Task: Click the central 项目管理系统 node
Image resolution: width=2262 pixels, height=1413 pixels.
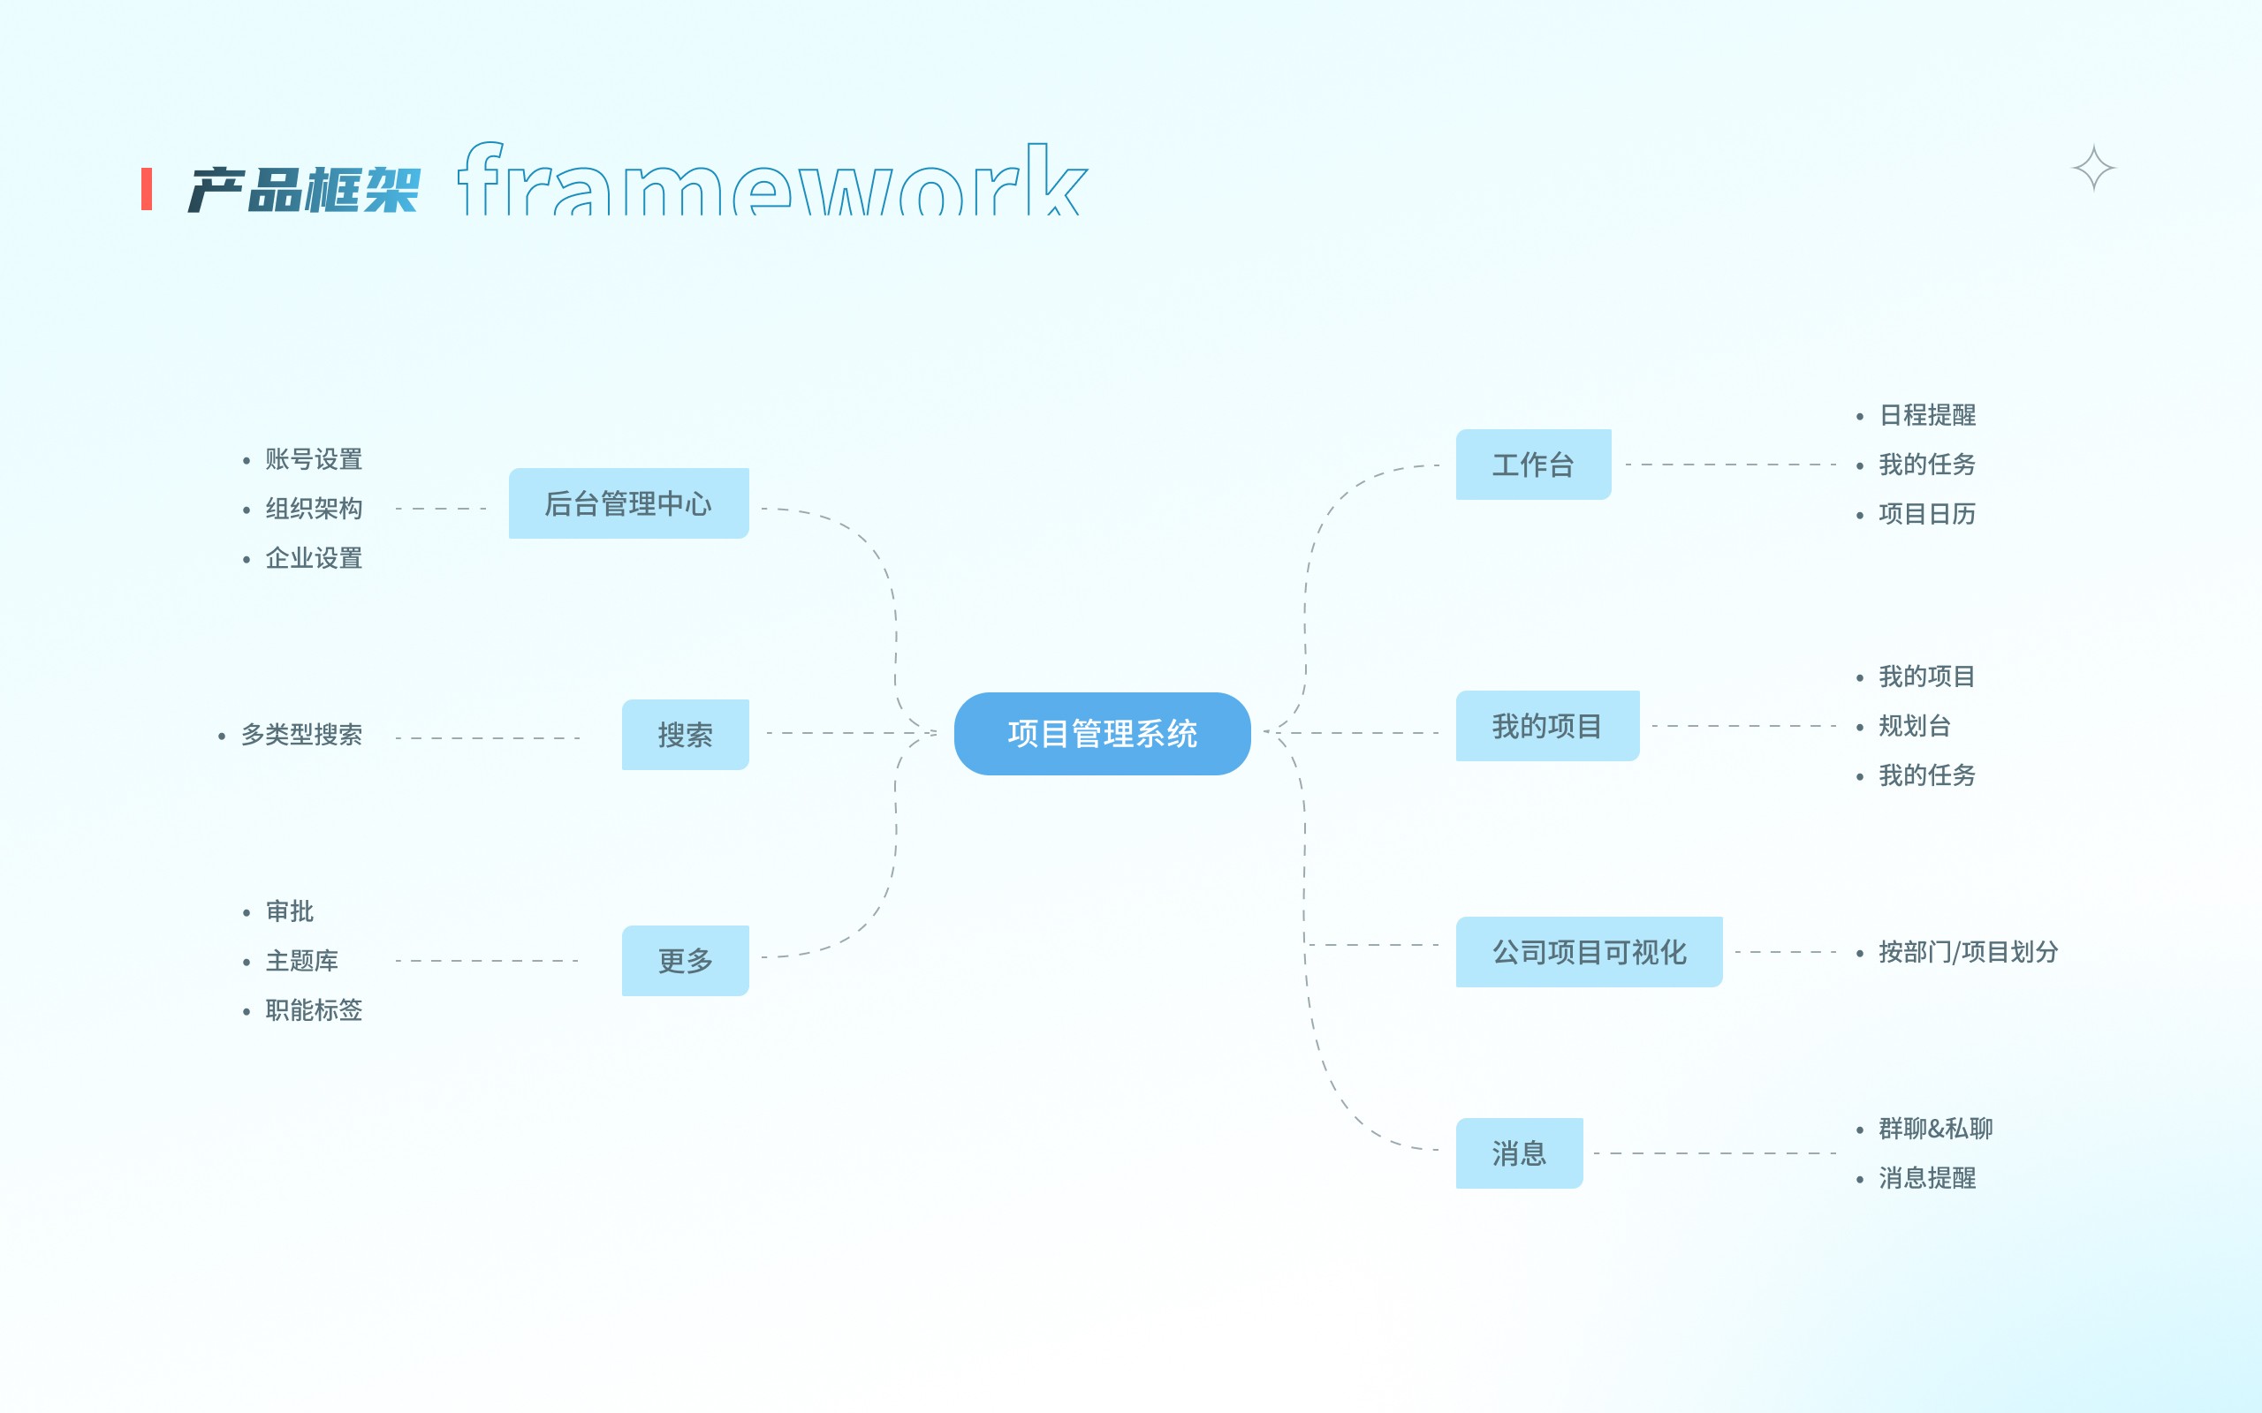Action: [x=1102, y=734]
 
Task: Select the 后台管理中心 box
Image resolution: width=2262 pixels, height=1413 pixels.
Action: [x=628, y=503]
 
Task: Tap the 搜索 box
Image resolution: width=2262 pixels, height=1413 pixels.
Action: [x=685, y=735]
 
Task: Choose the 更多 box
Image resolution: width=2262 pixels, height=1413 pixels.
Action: [x=685, y=961]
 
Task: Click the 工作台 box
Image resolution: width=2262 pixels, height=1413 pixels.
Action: [x=1533, y=465]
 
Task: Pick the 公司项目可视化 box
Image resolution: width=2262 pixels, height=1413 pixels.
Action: [x=1588, y=951]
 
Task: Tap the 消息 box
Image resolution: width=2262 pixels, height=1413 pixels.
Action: [x=1519, y=1153]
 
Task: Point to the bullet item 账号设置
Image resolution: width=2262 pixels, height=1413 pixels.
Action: [x=313, y=460]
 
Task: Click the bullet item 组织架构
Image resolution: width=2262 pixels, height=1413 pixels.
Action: [x=313, y=509]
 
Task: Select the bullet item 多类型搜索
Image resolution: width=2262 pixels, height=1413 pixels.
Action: [x=301, y=735]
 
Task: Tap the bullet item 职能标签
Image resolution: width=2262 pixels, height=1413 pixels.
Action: [x=313, y=1010]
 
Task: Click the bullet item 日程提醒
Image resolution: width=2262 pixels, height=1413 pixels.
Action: [x=1926, y=415]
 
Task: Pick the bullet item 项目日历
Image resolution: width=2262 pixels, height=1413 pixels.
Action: [x=1926, y=514]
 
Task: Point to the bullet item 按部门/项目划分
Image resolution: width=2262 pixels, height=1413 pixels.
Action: [x=1968, y=952]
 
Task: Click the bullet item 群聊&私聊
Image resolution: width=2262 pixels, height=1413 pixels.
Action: [x=1935, y=1129]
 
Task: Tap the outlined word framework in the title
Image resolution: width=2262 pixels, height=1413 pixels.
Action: [x=772, y=179]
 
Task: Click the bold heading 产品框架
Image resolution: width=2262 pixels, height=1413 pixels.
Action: [x=305, y=190]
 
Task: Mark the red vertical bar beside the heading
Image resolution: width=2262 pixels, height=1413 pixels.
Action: [x=147, y=189]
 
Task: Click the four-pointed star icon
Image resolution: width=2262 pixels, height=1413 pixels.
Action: [x=2093, y=168]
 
